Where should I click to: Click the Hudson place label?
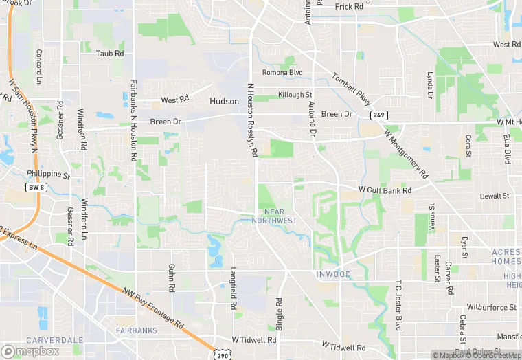pos(224,101)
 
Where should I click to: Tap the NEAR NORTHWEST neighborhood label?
pos(274,216)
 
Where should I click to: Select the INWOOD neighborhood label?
pos(333,275)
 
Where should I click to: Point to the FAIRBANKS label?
pos(136,330)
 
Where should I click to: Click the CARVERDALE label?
pos(55,340)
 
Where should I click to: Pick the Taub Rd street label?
pos(110,53)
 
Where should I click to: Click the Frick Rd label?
pos(349,7)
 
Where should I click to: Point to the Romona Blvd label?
pos(282,72)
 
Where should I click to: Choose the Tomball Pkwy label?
pos(352,86)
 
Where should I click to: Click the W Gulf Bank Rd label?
pos(385,190)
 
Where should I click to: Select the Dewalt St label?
pos(495,196)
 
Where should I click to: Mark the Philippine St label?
pos(48,175)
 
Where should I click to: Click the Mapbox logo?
pos(31,350)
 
